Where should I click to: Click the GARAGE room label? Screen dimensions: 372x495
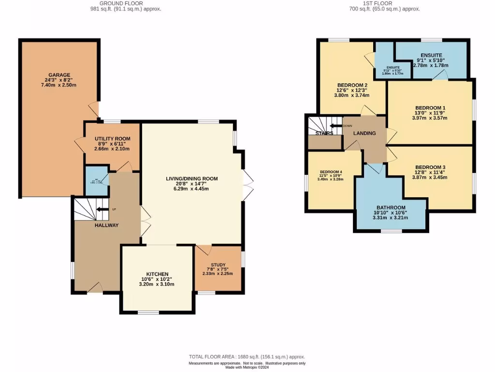click(x=59, y=75)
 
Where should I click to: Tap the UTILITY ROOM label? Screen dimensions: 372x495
click(x=112, y=139)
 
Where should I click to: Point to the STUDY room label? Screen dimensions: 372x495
click(x=218, y=265)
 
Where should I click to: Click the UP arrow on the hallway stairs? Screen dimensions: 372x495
click(x=102, y=209)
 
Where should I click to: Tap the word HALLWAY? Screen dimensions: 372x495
click(x=107, y=225)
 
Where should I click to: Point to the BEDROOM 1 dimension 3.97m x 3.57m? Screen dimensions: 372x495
click(x=430, y=118)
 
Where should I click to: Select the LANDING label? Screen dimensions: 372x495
click(x=364, y=133)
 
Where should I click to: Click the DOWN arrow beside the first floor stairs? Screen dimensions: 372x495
click(x=335, y=125)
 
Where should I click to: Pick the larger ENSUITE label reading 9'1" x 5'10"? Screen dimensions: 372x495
click(x=431, y=55)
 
